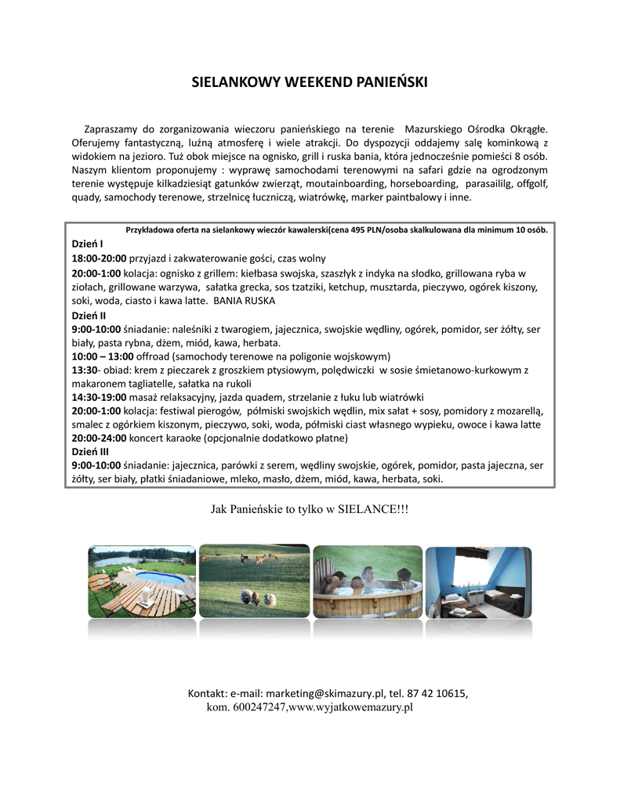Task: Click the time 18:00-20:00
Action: (99, 258)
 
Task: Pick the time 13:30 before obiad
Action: (85, 370)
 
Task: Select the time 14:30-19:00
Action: (99, 397)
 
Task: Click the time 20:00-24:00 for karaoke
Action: (99, 438)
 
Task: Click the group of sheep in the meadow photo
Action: (258, 598)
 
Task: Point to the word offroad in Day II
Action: (143, 356)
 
